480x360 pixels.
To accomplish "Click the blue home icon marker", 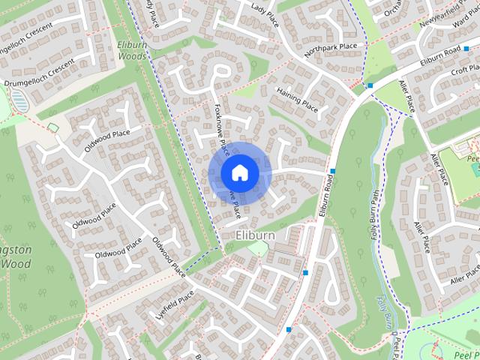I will [238, 172].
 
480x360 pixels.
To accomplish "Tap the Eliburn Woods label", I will [132, 50].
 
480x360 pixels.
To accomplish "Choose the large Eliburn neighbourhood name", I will [254, 235].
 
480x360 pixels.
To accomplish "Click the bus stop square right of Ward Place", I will [467, 48].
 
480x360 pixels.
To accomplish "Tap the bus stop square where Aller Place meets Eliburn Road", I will [370, 85].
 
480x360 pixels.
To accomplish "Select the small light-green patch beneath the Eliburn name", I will [257, 247].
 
